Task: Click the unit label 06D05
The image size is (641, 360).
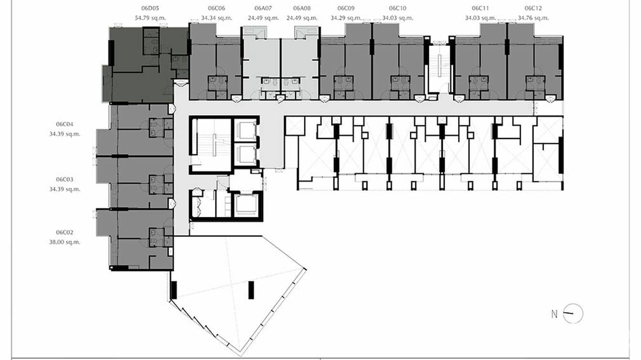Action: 150,8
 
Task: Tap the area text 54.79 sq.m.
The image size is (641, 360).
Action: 150,18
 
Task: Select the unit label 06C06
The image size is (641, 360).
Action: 216,8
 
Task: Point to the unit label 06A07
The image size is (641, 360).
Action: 263,8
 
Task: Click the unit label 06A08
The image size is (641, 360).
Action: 302,8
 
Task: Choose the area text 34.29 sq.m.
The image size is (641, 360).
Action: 346,18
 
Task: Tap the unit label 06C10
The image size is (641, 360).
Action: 398,8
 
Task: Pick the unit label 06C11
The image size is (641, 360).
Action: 481,8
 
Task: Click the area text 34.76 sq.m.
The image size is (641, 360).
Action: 534,18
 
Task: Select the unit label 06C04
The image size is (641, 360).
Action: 64,124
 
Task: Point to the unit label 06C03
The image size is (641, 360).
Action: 64,180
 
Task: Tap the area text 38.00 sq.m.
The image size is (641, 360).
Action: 64,242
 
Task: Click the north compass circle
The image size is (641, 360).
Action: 573,314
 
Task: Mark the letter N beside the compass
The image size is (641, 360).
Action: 554,314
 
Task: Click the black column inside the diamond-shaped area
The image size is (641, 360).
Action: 251,290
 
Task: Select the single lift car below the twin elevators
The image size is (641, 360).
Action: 246,205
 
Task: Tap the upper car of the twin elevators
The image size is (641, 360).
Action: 246,130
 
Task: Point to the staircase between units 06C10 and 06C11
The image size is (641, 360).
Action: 438,69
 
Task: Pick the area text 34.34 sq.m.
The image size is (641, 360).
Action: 217,18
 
